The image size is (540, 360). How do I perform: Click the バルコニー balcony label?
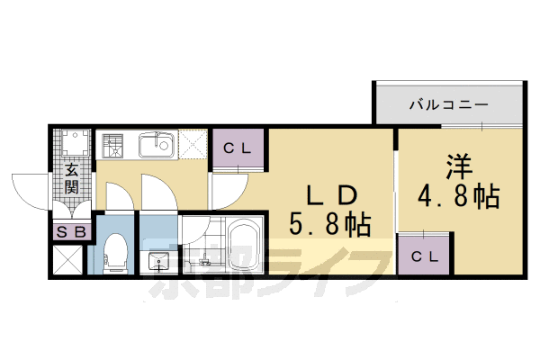click(x=449, y=104)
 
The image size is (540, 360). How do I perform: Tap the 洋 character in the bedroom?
click(x=458, y=167)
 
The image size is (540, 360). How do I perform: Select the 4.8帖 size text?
click(x=458, y=195)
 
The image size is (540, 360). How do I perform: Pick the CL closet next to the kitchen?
click(x=238, y=148)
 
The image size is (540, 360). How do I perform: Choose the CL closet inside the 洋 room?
click(x=424, y=256)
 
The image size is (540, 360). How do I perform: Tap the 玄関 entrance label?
click(x=70, y=179)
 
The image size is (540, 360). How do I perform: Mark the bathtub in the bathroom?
click(x=241, y=245)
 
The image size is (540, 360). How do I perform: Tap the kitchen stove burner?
click(x=115, y=144)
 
